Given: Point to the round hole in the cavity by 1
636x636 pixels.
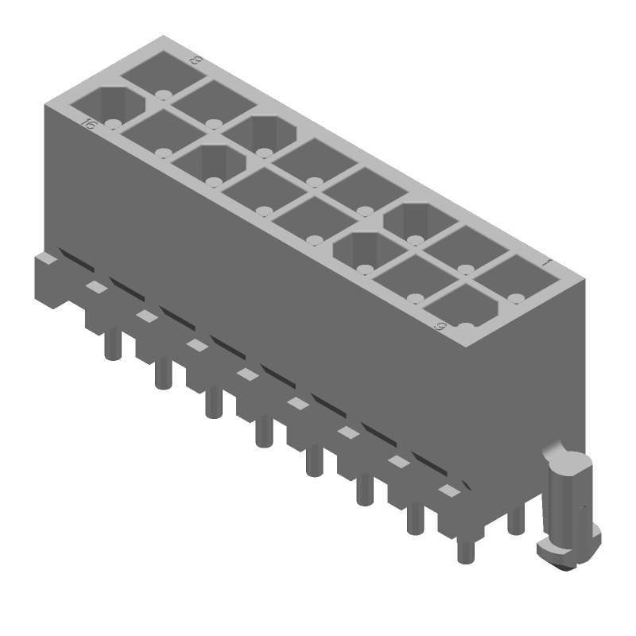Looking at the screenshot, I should point(516,299).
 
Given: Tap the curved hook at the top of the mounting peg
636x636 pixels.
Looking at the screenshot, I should point(556,456).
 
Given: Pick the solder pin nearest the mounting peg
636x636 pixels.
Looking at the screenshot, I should point(515,521).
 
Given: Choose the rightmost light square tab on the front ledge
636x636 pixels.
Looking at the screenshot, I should point(449,491).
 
